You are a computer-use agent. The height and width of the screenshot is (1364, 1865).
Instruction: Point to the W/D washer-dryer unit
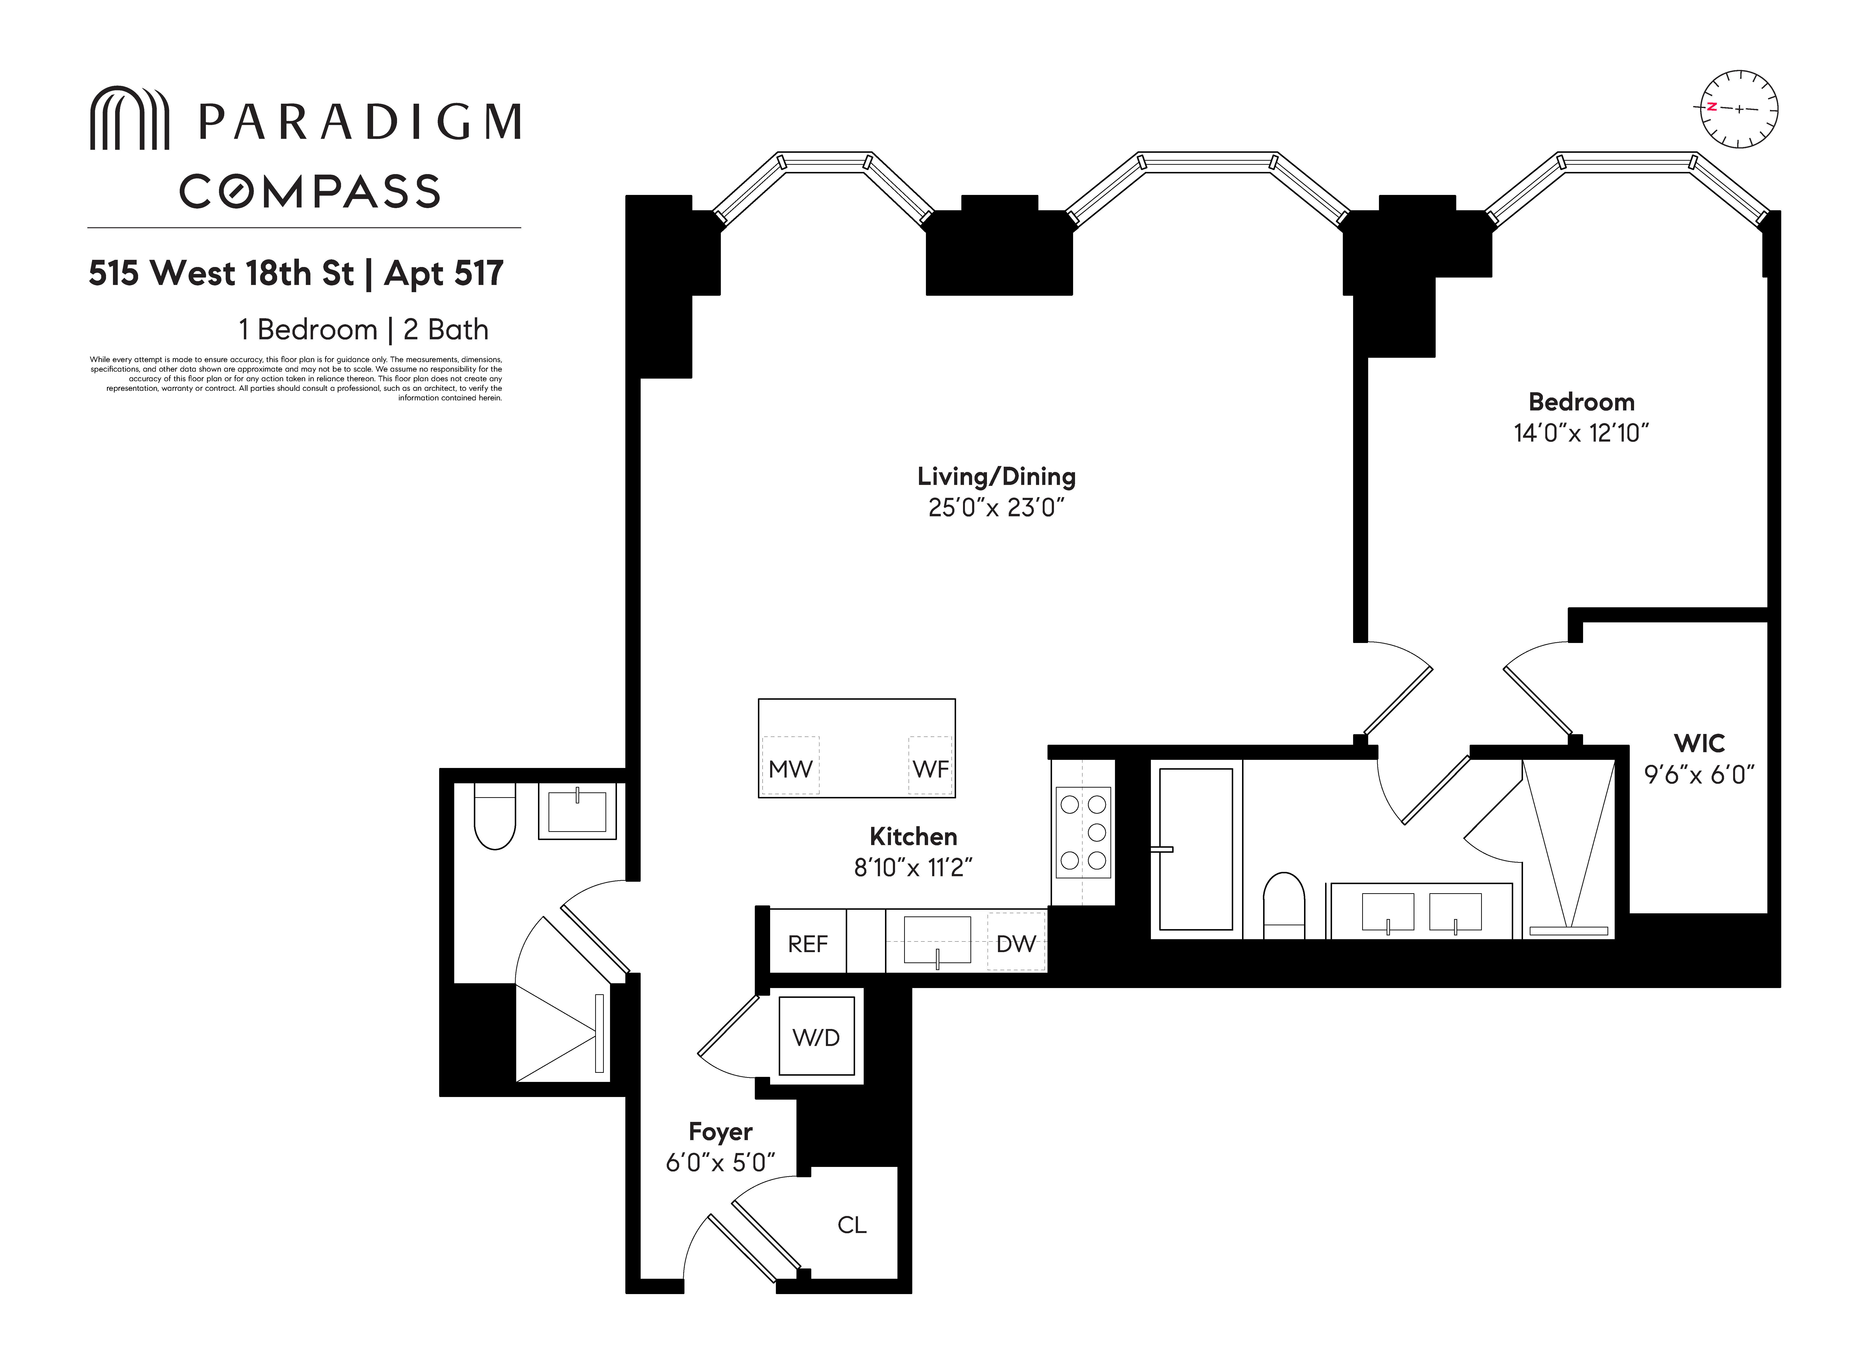816,1037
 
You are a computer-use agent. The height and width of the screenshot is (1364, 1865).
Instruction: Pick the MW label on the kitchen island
790,769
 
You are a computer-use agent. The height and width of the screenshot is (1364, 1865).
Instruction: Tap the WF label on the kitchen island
930,769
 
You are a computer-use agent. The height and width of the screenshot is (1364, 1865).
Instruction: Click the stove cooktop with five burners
1083,832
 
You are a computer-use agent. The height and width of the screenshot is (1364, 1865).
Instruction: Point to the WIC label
1699,743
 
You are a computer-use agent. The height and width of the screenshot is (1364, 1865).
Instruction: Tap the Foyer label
720,1131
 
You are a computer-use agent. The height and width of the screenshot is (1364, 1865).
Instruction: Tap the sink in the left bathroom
577,811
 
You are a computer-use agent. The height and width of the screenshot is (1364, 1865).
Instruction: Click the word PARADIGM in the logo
360,122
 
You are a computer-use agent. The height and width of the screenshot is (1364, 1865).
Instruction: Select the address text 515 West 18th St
221,273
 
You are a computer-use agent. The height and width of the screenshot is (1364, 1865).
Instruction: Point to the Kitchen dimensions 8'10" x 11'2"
913,868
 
